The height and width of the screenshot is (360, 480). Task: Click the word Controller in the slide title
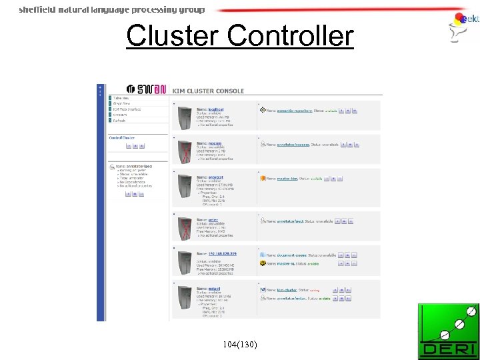290,35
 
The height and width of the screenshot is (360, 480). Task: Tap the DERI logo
448,331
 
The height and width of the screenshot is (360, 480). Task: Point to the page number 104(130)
241,344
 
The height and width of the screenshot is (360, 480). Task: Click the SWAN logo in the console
148,90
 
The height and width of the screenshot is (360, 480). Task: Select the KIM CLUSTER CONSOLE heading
208,91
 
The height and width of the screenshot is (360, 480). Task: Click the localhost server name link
216,109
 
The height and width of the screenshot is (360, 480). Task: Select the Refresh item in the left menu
120,121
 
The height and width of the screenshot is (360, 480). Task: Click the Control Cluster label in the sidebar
121,137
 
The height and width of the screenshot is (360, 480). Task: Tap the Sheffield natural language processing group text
112,10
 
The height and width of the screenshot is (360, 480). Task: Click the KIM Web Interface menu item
127,109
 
